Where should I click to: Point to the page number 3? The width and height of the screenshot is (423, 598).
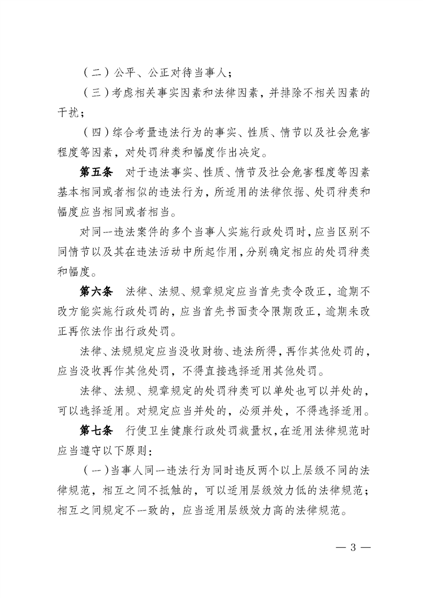click(x=353, y=548)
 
